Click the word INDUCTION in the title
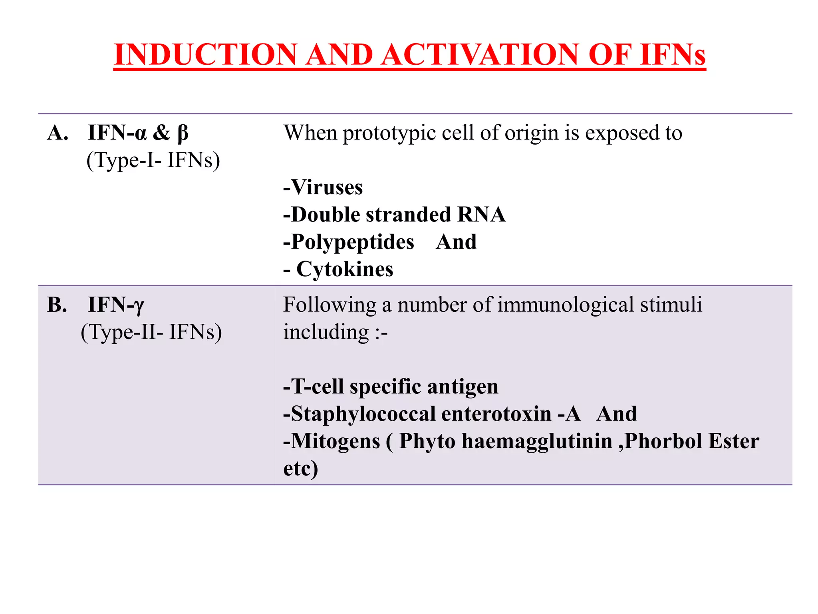click(205, 55)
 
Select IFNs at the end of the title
click(672, 55)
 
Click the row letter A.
click(58, 133)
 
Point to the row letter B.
click(57, 305)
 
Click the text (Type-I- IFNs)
click(153, 160)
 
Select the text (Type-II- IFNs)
click(151, 332)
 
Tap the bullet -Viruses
click(323, 187)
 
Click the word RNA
click(481, 215)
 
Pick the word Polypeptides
click(352, 242)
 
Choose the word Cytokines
click(345, 269)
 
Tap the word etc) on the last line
click(300, 468)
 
